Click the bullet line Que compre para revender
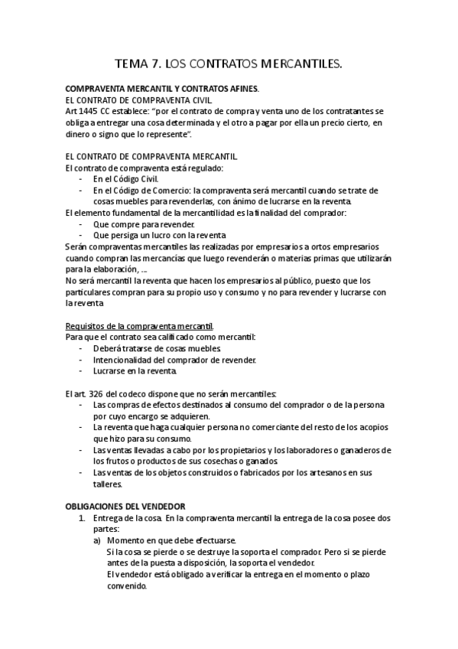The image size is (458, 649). (143, 224)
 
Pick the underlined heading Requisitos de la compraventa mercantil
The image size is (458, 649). (140, 325)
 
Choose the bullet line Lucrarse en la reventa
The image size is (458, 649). (135, 371)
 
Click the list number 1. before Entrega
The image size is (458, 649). (85, 517)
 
